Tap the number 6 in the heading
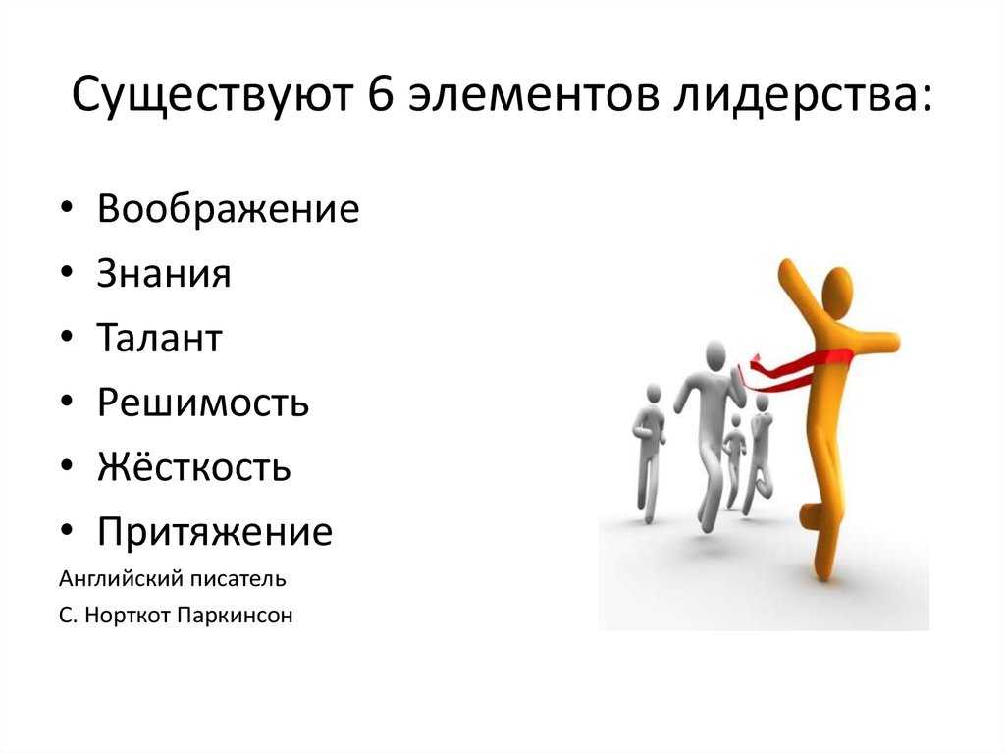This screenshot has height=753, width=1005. tap(381, 95)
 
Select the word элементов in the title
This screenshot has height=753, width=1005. tap(534, 97)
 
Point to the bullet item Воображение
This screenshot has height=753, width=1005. tap(228, 208)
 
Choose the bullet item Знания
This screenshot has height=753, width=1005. tap(164, 273)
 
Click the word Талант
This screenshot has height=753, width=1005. tap(160, 338)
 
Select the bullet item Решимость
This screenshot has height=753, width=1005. tap(203, 403)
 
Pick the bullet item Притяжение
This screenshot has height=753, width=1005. tap(215, 532)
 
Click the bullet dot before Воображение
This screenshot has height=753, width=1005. tap(67, 208)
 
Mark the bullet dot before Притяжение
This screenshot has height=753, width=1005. tap(67, 531)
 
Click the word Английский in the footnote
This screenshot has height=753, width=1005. tap(114, 579)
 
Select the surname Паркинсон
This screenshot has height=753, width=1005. tap(236, 616)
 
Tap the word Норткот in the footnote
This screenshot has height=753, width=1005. tap(129, 616)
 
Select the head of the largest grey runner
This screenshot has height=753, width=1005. tap(714, 354)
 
